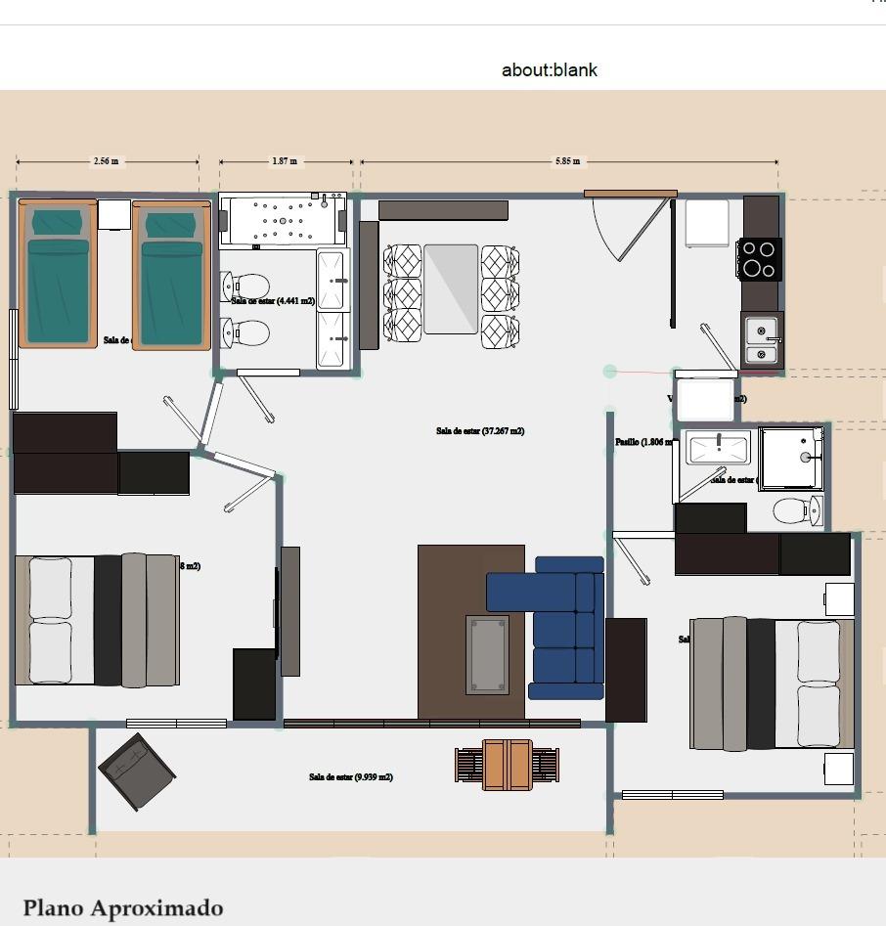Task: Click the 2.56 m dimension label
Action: [x=107, y=161]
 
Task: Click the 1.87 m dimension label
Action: [x=285, y=161]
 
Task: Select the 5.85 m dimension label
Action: [x=567, y=161]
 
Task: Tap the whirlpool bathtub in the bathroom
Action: [x=283, y=221]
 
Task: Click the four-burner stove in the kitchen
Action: [x=759, y=259]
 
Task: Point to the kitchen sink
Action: [x=761, y=340]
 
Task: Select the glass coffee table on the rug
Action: [x=486, y=654]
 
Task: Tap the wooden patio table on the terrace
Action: [x=507, y=765]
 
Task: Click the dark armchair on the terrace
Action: [x=137, y=772]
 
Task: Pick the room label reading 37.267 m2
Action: [x=479, y=430]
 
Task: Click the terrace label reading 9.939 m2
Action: [x=350, y=777]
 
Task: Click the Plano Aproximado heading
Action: [x=123, y=908]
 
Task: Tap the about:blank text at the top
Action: [x=549, y=70]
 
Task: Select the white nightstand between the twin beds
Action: [x=113, y=214]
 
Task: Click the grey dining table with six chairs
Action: [x=451, y=289]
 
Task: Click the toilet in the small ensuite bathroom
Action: [x=797, y=510]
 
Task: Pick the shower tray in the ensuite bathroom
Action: [x=791, y=458]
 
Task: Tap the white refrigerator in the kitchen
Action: [x=706, y=224]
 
